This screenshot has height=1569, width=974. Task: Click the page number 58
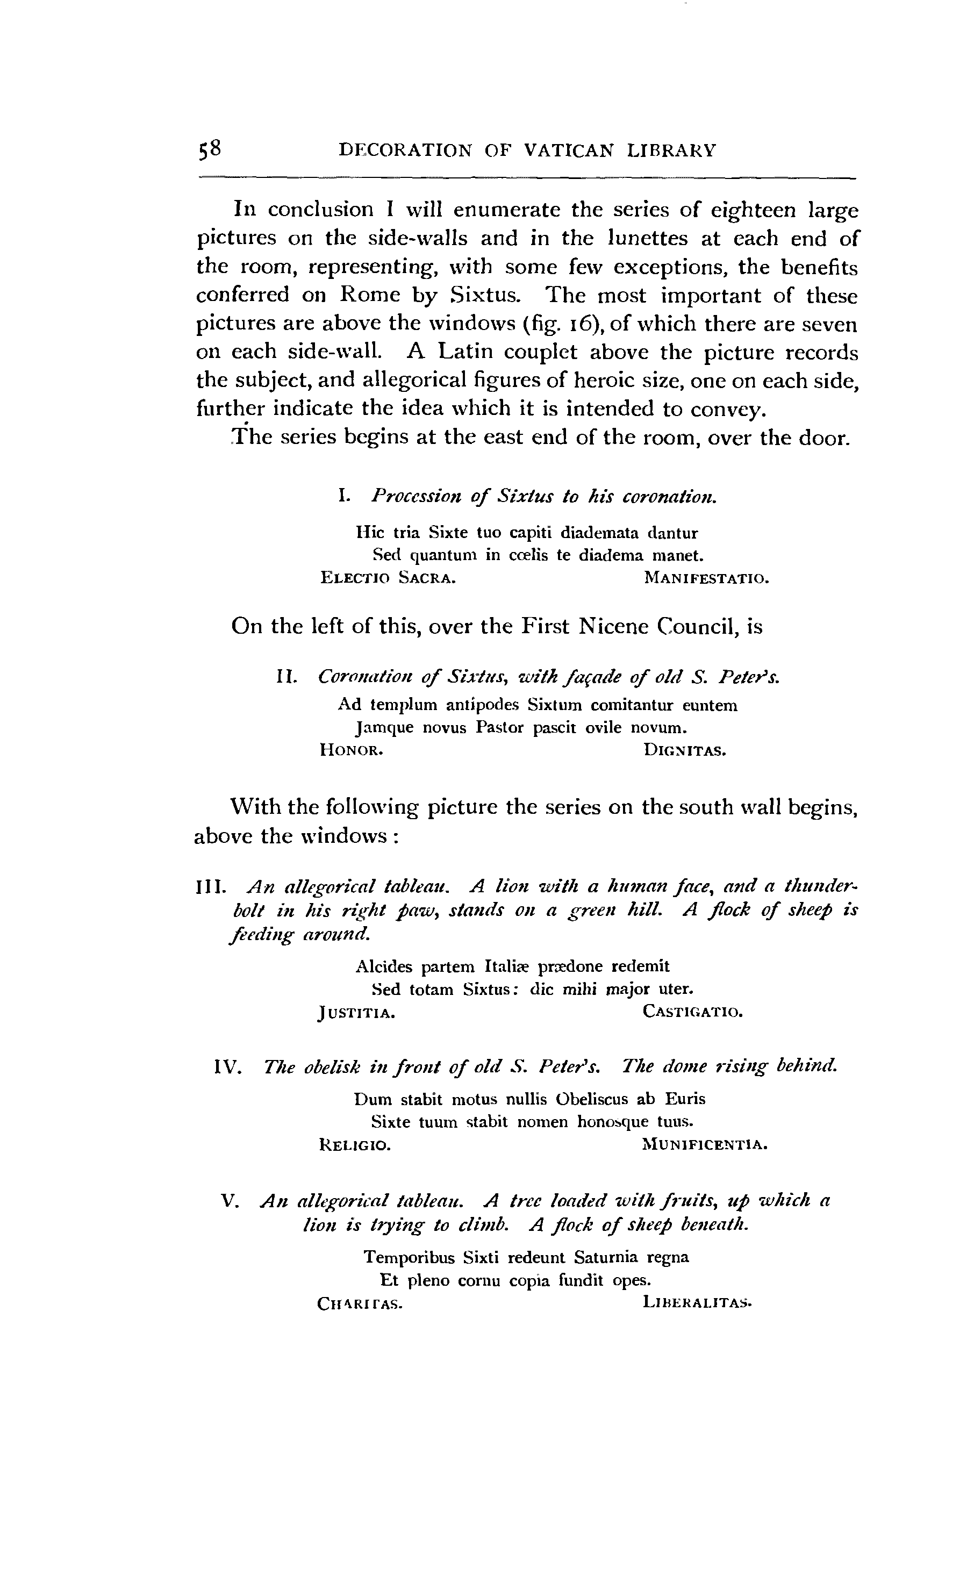point(210,149)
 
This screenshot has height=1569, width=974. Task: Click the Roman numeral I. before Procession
point(343,496)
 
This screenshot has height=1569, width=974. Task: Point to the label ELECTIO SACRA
point(389,578)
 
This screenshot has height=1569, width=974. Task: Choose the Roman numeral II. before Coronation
point(285,677)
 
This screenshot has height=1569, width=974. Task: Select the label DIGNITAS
point(685,750)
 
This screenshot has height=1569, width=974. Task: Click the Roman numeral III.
point(209,888)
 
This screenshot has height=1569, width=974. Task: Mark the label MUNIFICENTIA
point(705,1145)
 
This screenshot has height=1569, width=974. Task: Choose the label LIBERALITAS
point(697,1303)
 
